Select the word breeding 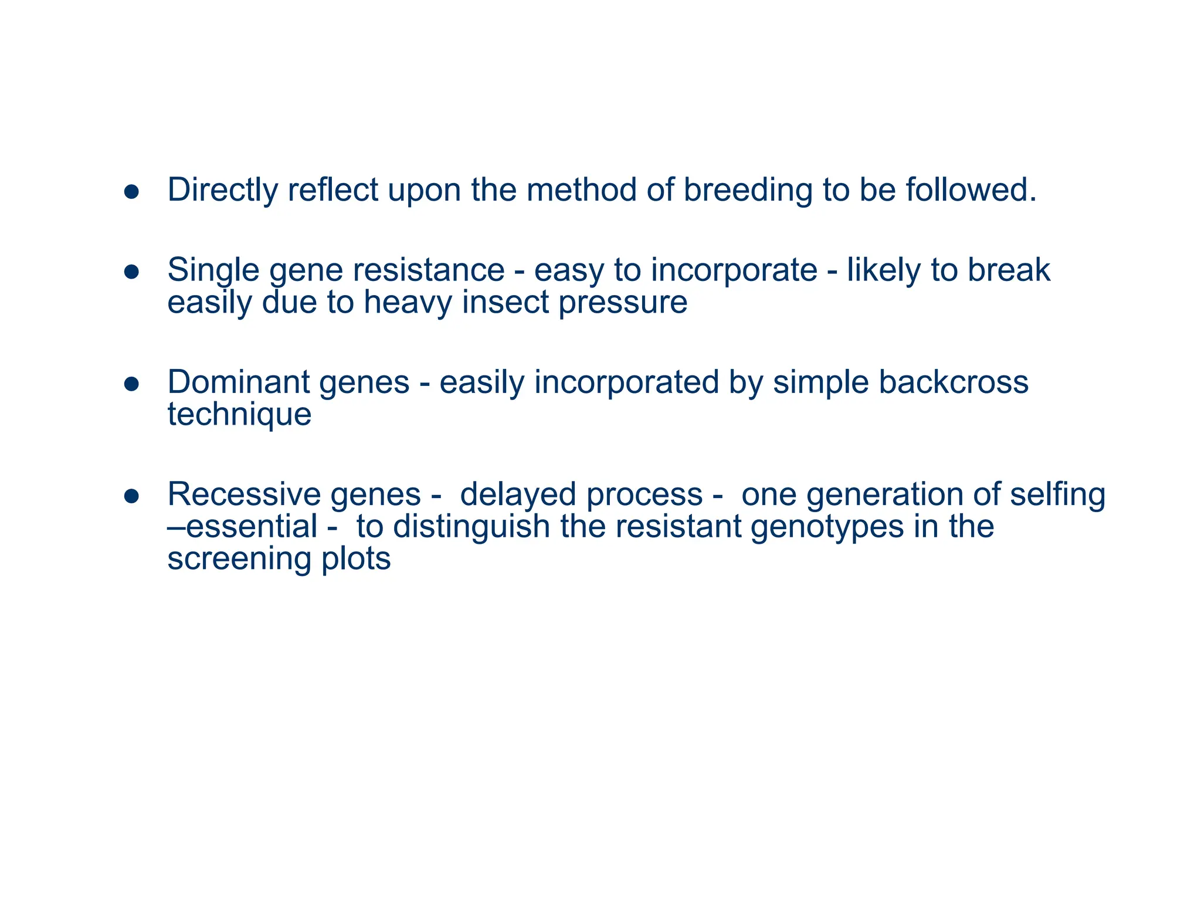[748, 191]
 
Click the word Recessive [243, 494]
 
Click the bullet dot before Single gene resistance [131, 272]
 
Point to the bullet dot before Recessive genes [131, 496]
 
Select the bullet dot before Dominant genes [131, 384]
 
